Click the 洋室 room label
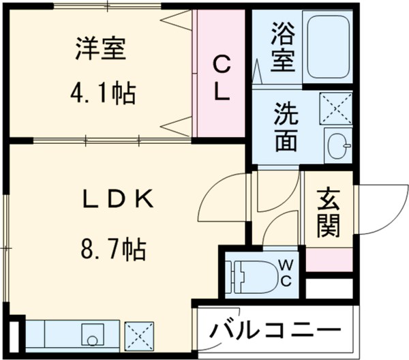(100, 50)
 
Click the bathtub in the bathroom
(328, 47)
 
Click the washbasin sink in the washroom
(338, 145)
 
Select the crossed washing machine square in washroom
(336, 108)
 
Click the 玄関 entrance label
(329, 214)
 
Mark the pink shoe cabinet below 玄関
(329, 260)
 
